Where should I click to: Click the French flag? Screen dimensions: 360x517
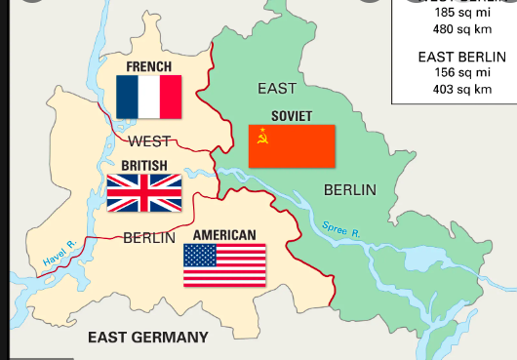pos(148,97)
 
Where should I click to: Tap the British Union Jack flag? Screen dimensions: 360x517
pos(143,193)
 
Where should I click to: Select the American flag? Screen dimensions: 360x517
pos(224,264)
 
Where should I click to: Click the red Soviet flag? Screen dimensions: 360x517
pos(292,145)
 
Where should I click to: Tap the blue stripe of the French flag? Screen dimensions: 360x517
pos(127,97)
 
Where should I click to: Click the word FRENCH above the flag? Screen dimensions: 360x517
pos(148,67)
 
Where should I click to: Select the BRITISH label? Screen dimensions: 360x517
pos(143,166)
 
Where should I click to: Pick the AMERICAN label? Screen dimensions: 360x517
pos(224,235)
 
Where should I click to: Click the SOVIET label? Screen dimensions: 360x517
pos(292,116)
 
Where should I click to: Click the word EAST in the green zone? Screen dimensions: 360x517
pos(277,89)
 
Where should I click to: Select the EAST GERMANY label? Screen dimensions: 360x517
pos(147,338)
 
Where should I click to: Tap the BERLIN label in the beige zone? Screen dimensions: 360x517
pos(149,237)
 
